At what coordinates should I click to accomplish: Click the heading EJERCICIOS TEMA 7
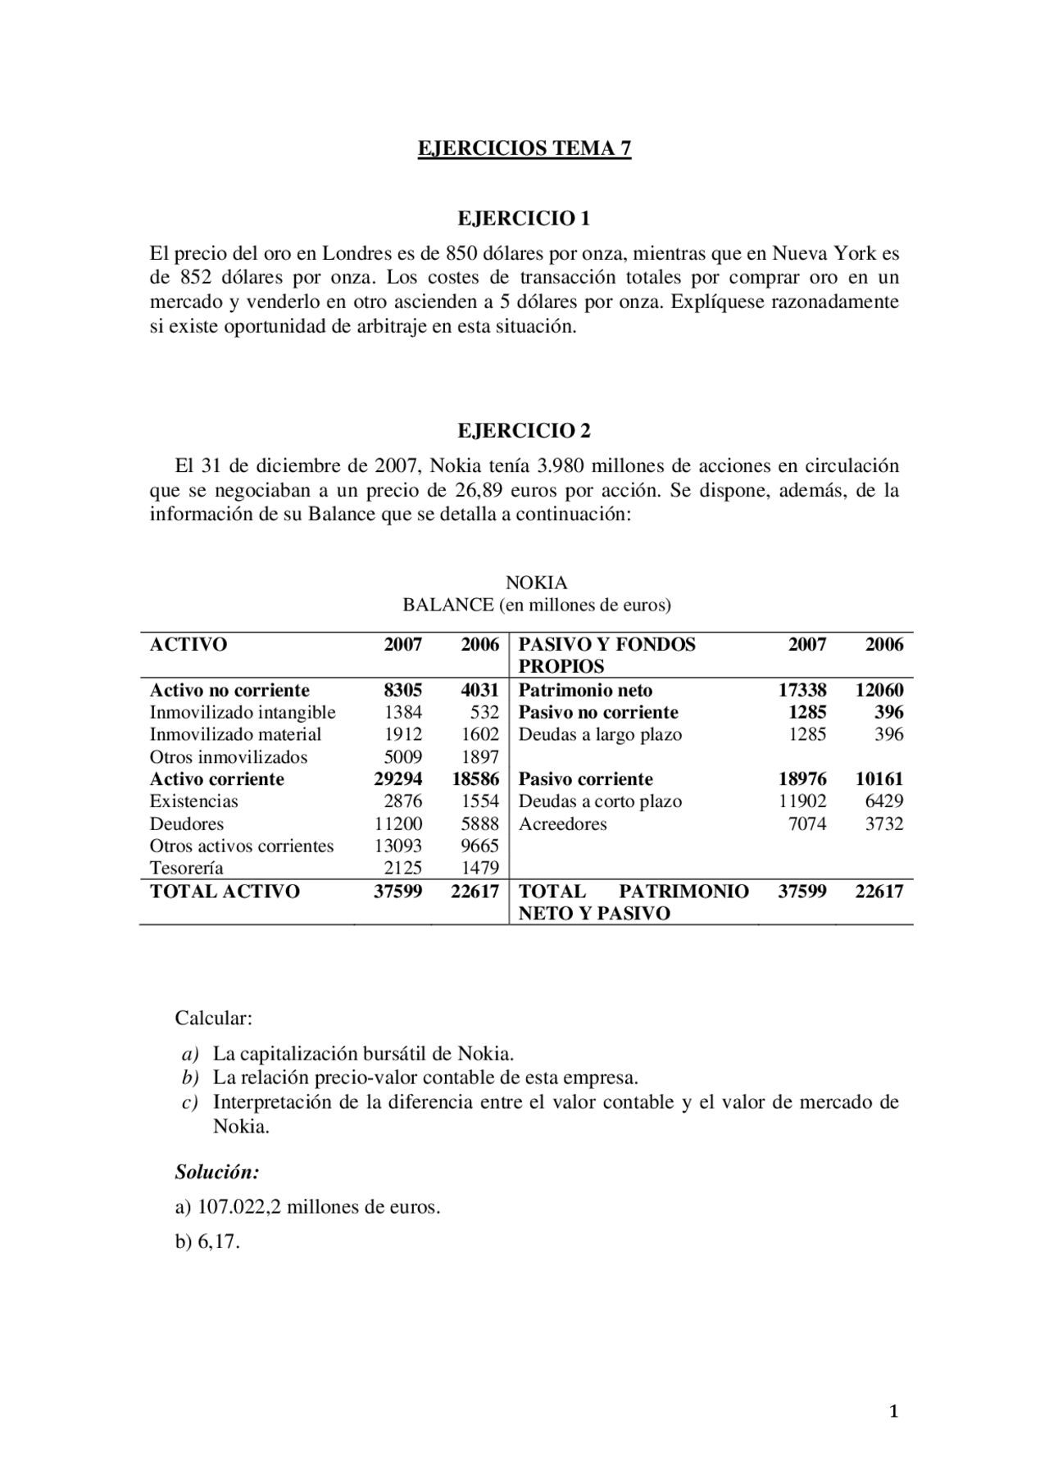[524, 148]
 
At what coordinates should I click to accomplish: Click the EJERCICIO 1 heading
[524, 219]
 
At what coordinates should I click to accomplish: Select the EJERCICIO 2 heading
[524, 431]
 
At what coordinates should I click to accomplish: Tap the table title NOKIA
[536, 583]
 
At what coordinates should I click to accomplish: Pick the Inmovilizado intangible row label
[243, 712]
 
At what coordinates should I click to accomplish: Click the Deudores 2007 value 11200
[398, 824]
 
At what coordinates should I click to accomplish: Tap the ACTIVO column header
[188, 645]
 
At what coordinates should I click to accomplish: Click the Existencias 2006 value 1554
[479, 801]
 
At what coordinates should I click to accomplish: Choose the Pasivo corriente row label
[585, 779]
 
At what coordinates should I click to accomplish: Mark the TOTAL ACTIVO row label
[225, 892]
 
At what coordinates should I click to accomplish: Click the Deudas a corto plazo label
[600, 801]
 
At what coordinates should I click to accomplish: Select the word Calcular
[213, 1019]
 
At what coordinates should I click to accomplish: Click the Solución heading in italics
[217, 1172]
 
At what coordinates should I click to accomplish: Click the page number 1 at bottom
[894, 1411]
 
